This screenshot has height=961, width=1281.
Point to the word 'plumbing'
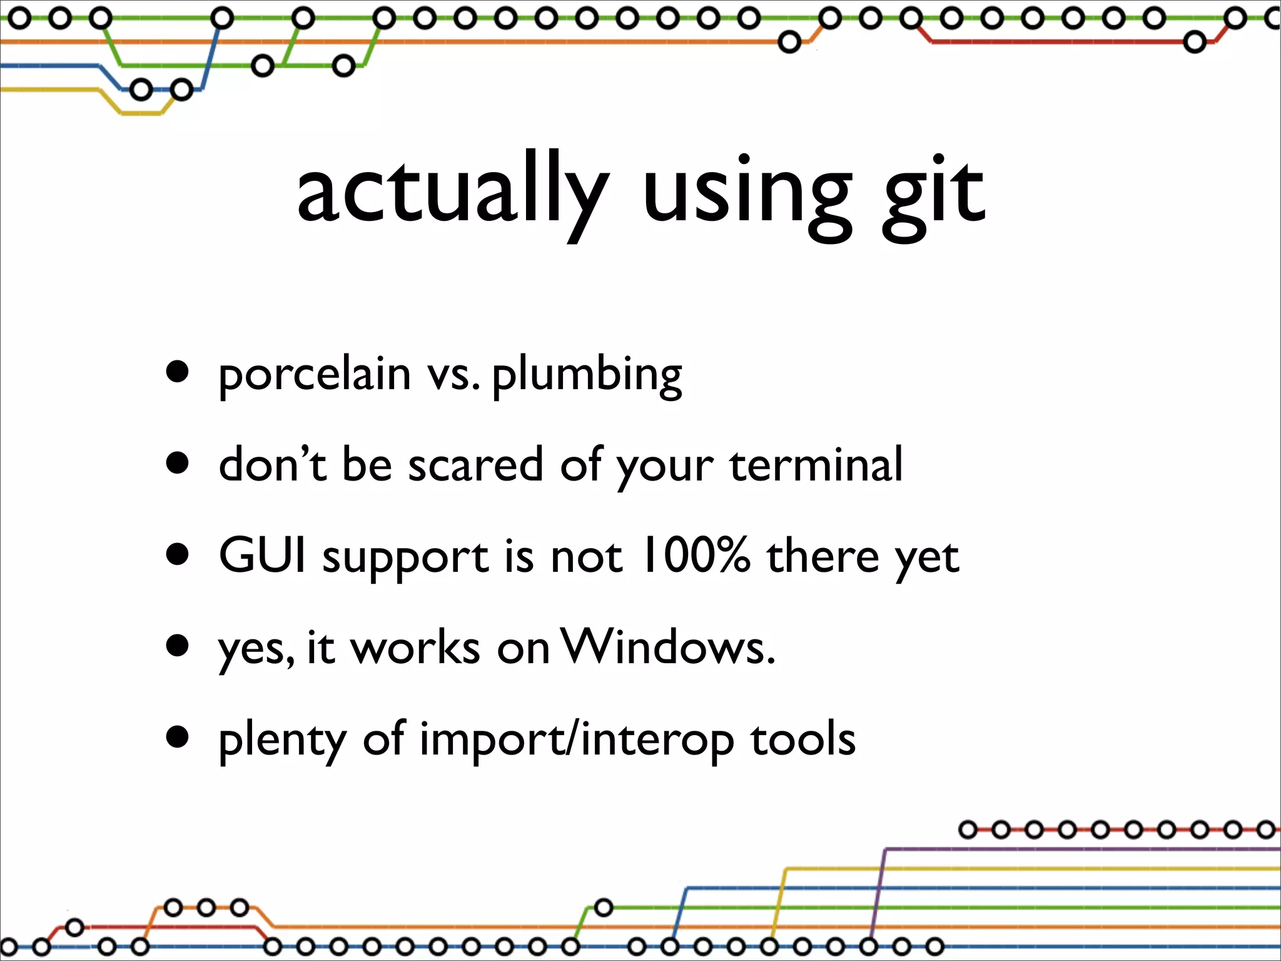pyautogui.click(x=587, y=375)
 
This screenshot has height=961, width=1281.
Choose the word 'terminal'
pyautogui.click(x=816, y=465)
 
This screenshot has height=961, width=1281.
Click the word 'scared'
pyautogui.click(x=475, y=465)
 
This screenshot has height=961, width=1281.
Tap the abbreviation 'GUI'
pyautogui.click(x=262, y=555)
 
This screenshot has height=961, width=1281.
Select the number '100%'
pyautogui.click(x=696, y=555)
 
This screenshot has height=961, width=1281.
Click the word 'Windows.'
pyautogui.click(x=668, y=647)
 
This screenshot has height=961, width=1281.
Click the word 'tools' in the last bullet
pyautogui.click(x=803, y=739)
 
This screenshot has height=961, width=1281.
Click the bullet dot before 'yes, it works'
pyautogui.click(x=178, y=645)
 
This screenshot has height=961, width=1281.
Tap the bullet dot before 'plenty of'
pyautogui.click(x=178, y=736)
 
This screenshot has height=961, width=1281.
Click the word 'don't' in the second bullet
pyautogui.click(x=272, y=465)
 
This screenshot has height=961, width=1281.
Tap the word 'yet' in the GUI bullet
pyautogui.click(x=927, y=558)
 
